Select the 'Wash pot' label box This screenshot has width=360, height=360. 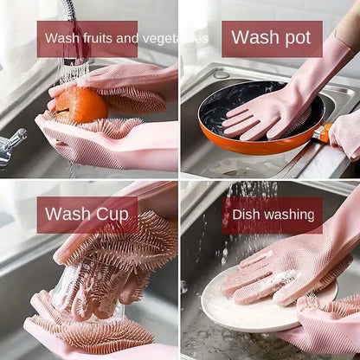click(272, 39)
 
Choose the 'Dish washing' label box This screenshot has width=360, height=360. click(272, 215)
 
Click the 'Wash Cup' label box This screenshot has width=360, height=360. click(87, 215)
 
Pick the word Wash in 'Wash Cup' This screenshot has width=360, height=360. click(67, 214)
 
